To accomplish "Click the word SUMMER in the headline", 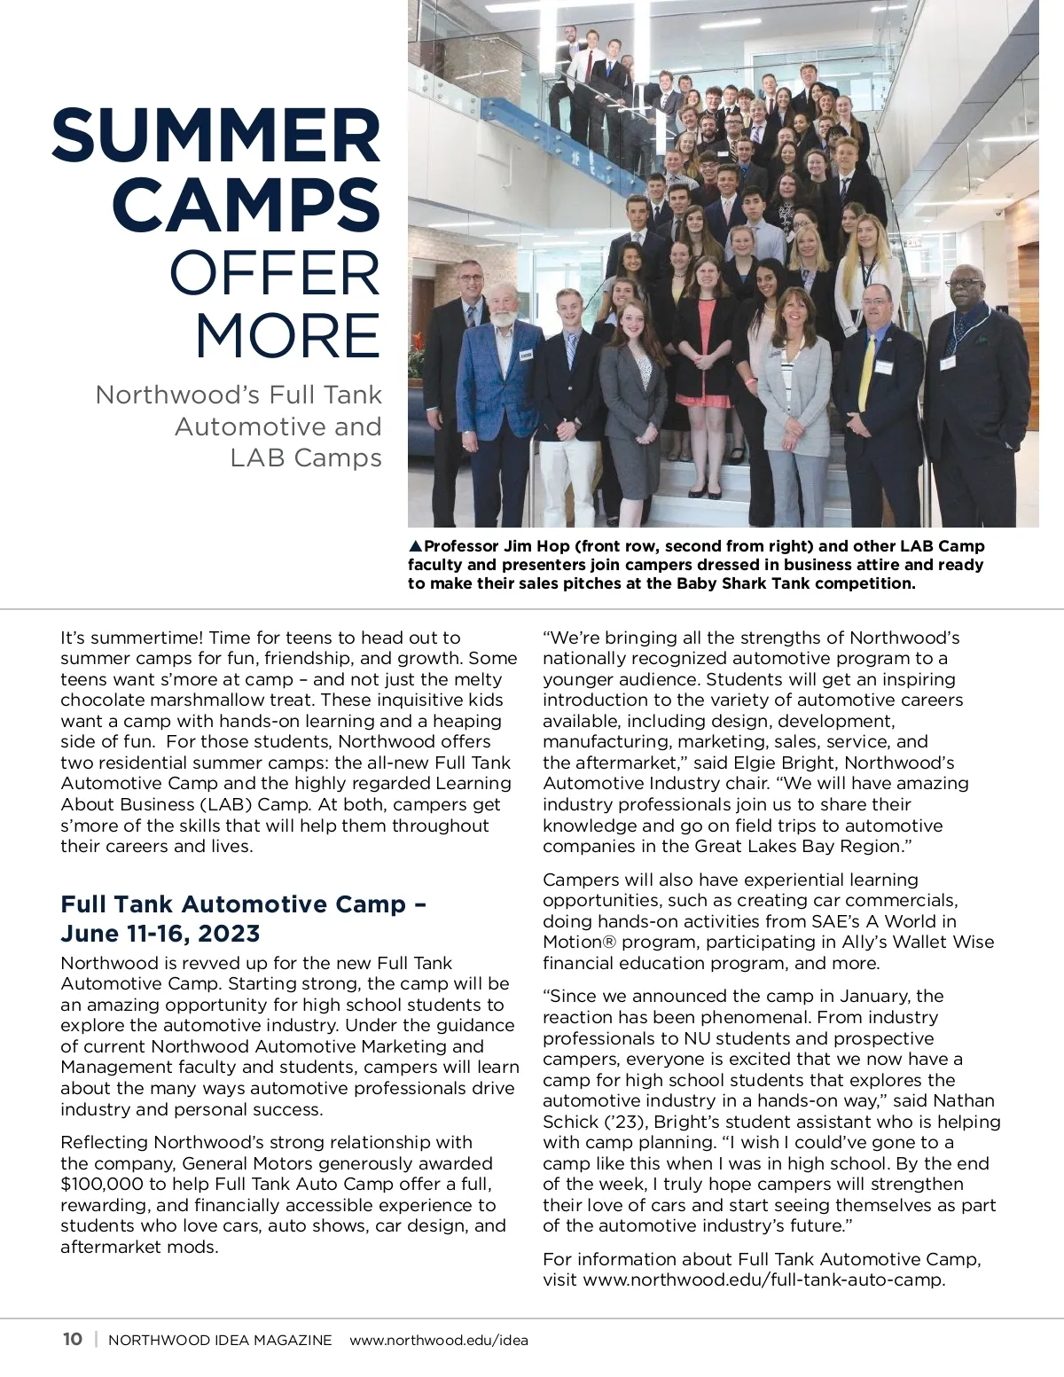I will [x=216, y=135].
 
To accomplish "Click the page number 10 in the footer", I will [x=72, y=1339].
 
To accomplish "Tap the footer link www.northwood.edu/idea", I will [x=439, y=1340].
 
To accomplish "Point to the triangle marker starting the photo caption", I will [x=415, y=546].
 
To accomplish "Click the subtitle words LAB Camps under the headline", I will [x=305, y=458].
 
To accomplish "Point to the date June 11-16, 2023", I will [x=160, y=934].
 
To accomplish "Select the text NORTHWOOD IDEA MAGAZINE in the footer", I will [x=220, y=1340].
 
